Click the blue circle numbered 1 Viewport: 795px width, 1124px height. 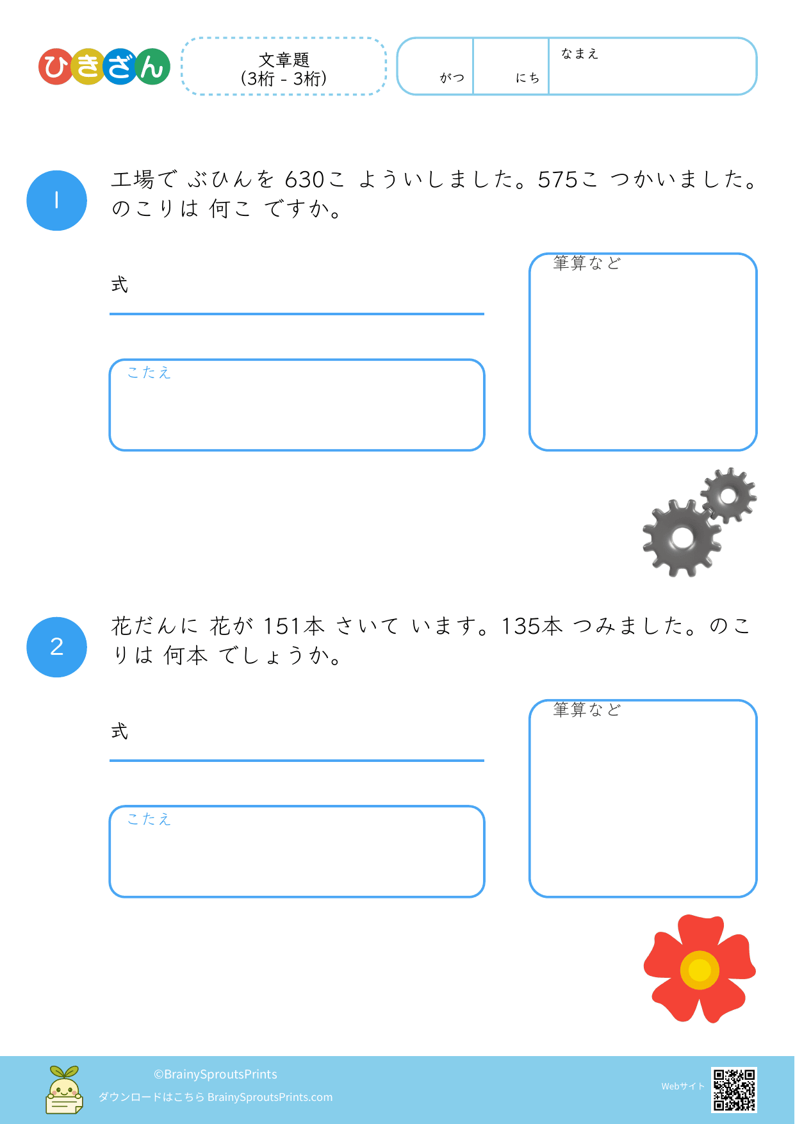[56, 201]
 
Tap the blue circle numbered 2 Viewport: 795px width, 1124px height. [56, 647]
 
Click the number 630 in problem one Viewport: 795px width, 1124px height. [304, 180]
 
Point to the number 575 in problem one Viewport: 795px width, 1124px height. [558, 180]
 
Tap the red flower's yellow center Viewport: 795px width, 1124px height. [700, 970]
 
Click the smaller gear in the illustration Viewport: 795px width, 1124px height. [728, 495]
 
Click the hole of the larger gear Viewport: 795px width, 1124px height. [683, 538]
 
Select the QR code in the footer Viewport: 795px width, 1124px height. [734, 1089]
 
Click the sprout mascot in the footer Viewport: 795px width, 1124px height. [64, 1090]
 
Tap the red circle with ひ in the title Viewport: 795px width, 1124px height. [56, 67]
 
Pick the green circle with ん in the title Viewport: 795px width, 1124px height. [152, 67]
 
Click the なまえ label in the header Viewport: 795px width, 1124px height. [580, 54]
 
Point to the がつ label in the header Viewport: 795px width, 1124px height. [452, 78]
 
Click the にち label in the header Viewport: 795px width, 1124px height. [528, 78]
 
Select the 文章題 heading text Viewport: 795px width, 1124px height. [284, 60]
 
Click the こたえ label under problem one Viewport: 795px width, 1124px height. [149, 373]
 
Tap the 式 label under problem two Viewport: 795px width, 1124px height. [120, 731]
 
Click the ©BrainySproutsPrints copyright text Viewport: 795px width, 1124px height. [215, 1074]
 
